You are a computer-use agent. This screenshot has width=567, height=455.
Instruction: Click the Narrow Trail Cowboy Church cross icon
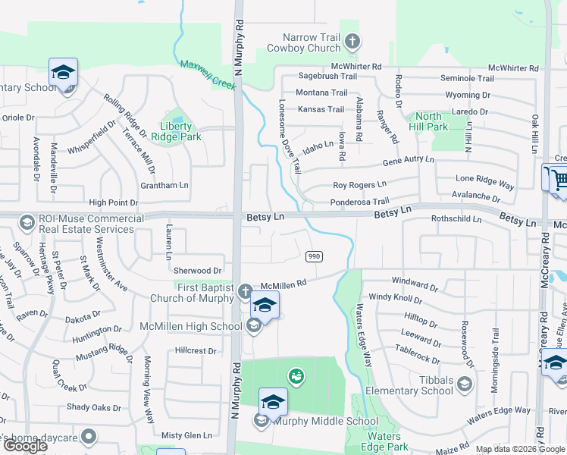[x=352, y=42]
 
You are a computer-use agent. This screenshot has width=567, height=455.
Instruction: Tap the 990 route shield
[x=315, y=257]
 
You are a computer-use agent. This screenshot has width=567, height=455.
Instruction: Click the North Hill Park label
[x=428, y=121]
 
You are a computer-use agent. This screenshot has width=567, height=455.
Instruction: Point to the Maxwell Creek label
[x=208, y=73]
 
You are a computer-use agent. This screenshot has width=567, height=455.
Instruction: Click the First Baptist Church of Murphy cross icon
[x=244, y=291]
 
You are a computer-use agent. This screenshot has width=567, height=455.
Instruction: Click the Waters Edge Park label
[x=384, y=441]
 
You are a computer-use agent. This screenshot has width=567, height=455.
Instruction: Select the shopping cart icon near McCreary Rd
[x=559, y=180]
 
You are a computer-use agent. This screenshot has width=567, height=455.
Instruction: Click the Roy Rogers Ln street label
[x=359, y=184]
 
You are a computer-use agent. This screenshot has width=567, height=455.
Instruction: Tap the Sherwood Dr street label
[x=197, y=270]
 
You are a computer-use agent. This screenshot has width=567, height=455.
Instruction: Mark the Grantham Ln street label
[x=164, y=185]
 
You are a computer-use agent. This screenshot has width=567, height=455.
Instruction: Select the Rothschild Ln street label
[x=456, y=219]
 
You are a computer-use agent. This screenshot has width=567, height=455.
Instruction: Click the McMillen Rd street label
[x=283, y=284]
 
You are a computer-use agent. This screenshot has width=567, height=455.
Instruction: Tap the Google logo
[x=25, y=446]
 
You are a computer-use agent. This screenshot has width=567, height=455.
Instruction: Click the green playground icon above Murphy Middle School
[x=296, y=375]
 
